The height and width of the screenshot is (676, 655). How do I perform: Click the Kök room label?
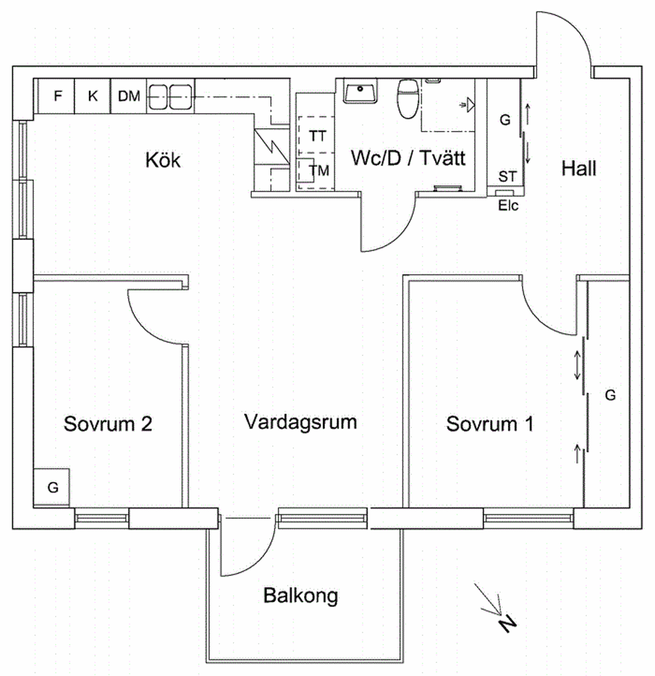point(163,161)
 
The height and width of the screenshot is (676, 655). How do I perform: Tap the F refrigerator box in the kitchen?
point(57,96)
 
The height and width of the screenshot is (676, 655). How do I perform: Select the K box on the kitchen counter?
point(92,96)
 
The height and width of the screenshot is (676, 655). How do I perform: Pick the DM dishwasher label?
point(128,96)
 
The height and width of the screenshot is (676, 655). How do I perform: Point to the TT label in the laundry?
point(317,136)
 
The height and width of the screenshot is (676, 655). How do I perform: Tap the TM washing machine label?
point(319,170)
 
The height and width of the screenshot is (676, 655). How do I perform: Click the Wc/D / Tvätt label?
point(410,159)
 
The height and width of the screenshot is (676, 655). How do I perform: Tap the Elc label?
point(508,205)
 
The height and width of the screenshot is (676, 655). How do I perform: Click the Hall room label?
point(578,168)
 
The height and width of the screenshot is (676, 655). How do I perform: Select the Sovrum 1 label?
point(490,424)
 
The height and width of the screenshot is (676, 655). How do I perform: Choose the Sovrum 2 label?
point(108,424)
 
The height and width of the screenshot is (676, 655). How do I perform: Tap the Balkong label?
point(301,595)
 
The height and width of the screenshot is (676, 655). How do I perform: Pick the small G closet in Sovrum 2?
point(52,487)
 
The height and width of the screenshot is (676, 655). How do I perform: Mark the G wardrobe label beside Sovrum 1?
point(609,395)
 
